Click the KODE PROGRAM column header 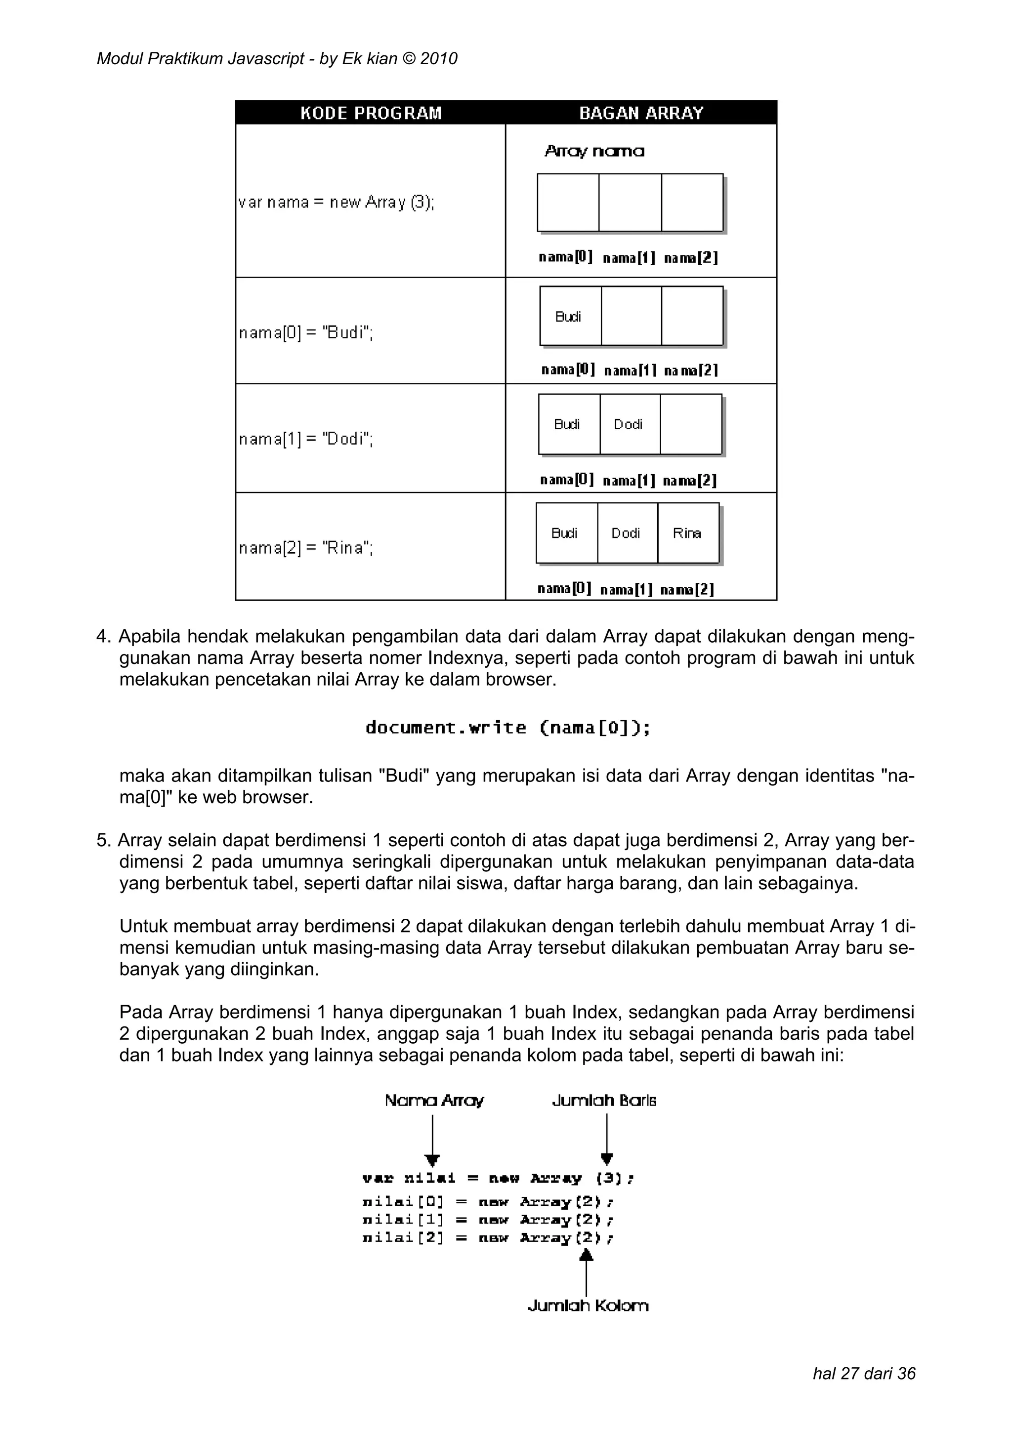click(371, 113)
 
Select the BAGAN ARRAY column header click(640, 113)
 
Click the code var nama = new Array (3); click(336, 203)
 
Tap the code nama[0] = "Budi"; click(305, 333)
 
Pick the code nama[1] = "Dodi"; click(305, 440)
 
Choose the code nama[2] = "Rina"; click(305, 548)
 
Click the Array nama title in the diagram click(594, 152)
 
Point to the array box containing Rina click(687, 533)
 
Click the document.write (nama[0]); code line click(507, 728)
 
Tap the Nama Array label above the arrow click(434, 1101)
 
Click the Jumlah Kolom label click(588, 1306)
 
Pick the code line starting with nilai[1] click(488, 1220)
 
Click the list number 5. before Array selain click(103, 841)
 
